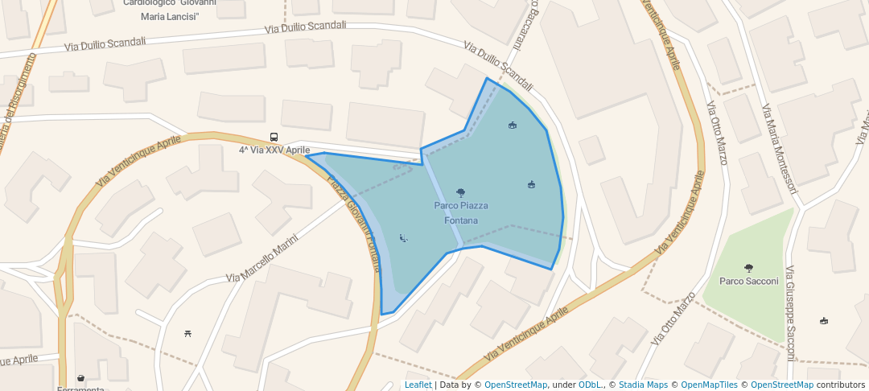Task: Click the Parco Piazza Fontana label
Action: (461, 212)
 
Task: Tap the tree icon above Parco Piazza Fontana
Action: (460, 192)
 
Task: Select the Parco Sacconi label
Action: (748, 281)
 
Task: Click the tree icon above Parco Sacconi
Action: (749, 268)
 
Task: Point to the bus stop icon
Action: (274, 138)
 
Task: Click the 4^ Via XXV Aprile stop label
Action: (274, 150)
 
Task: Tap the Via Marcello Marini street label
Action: (262, 257)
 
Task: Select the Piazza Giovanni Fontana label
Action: (353, 222)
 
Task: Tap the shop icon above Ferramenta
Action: (80, 377)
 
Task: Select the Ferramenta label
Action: (80, 389)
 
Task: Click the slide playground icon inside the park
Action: (403, 237)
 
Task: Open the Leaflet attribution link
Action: (418, 385)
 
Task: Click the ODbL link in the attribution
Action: (590, 385)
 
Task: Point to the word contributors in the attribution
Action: (842, 385)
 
